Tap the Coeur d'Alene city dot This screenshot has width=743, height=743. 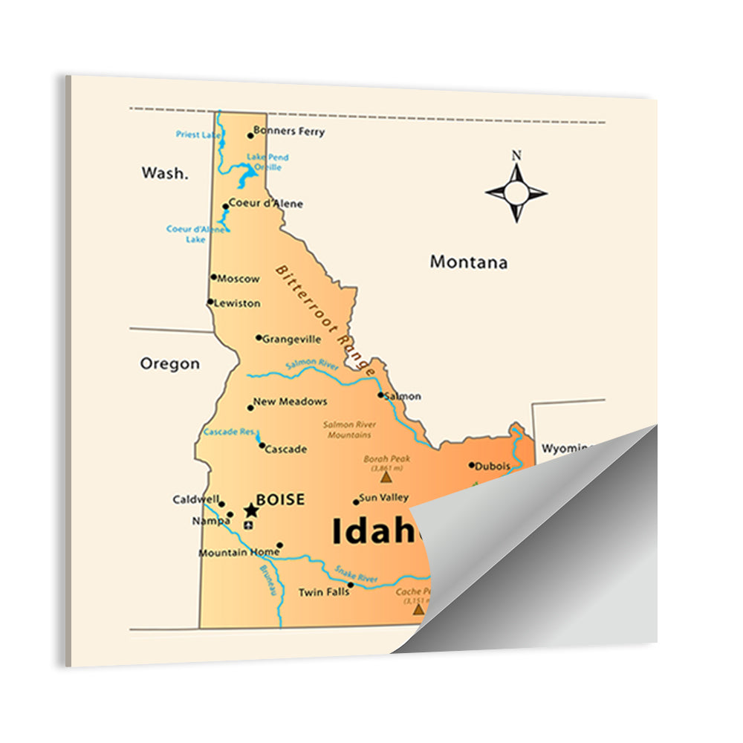[225, 207]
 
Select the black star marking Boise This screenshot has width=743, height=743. [251, 510]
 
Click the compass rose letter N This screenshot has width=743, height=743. [516, 156]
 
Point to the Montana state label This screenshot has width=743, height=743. [469, 262]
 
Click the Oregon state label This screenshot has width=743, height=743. [170, 364]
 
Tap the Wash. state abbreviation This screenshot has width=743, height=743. [165, 173]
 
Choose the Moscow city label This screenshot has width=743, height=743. [239, 279]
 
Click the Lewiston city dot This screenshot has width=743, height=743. [210, 302]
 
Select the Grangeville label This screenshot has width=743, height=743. [291, 340]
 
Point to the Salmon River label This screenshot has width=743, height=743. [312, 363]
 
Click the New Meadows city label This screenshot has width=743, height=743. [290, 402]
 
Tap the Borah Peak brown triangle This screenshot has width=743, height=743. [386, 478]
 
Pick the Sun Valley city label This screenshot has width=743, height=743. [383, 498]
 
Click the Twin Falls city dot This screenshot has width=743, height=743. [351, 585]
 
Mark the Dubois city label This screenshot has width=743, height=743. [493, 467]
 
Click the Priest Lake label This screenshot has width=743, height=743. [198, 134]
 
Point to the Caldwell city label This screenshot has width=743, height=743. [195, 499]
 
